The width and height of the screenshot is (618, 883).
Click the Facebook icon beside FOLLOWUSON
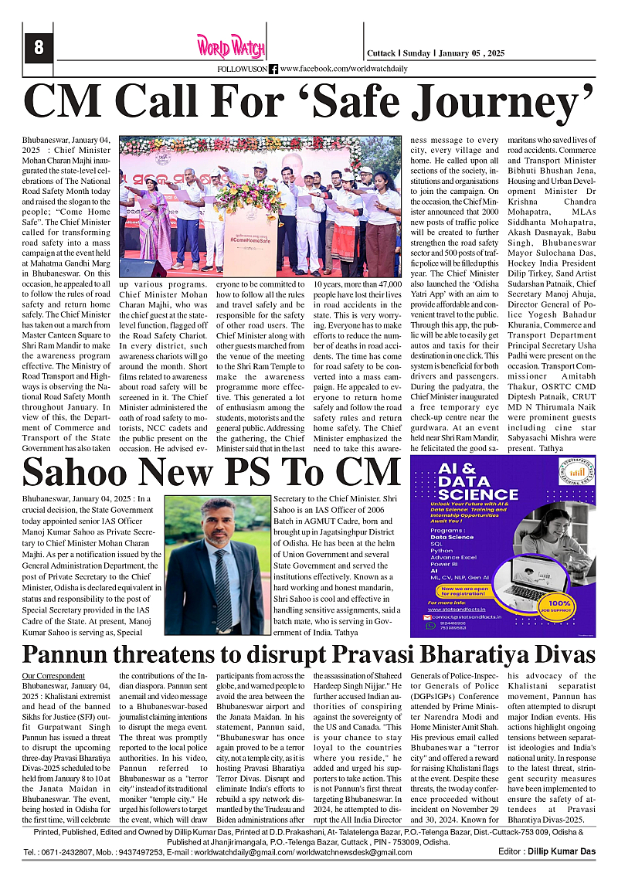[273, 70]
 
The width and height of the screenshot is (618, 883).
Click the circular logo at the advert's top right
[572, 475]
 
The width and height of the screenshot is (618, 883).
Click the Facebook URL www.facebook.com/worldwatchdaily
[344, 70]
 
